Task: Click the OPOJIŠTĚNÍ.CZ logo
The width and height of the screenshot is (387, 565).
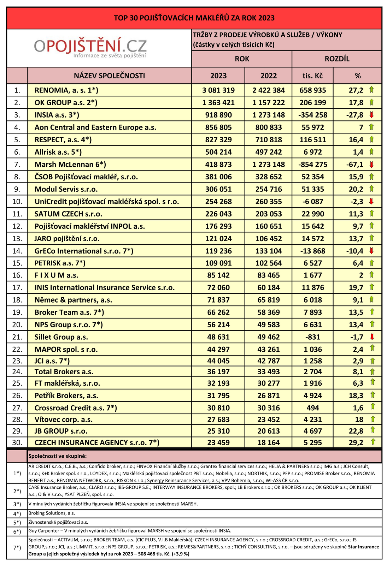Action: point(90,48)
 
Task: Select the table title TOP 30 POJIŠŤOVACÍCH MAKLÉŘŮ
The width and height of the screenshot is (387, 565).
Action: point(194,18)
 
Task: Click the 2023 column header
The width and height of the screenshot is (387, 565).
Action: point(218,76)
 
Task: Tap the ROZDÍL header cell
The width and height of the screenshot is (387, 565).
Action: point(337,59)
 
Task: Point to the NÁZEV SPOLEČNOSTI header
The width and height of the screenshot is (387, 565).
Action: point(109,76)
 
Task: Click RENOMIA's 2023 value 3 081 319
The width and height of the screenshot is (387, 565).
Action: point(218,90)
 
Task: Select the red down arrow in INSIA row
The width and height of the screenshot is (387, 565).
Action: point(371,114)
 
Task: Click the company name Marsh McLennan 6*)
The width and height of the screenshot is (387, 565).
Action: point(70,164)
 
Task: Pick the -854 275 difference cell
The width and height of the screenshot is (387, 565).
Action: point(313,164)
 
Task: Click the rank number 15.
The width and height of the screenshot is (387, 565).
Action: point(17,263)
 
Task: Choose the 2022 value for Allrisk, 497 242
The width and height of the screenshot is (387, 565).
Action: point(269,152)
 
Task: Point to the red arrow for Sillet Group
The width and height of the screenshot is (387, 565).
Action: point(371,337)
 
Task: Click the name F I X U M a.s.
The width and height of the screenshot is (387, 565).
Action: point(56,275)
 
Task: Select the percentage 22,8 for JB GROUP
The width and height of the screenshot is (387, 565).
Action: point(356,431)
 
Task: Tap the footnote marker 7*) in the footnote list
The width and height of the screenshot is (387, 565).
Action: point(17,548)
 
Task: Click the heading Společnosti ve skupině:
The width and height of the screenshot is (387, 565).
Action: point(58,456)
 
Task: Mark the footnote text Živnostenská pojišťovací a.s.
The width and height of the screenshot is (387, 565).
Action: point(58,522)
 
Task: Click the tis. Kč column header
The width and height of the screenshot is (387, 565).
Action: point(313,76)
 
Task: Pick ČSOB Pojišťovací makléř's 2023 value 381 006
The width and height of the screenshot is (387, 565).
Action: point(218,177)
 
